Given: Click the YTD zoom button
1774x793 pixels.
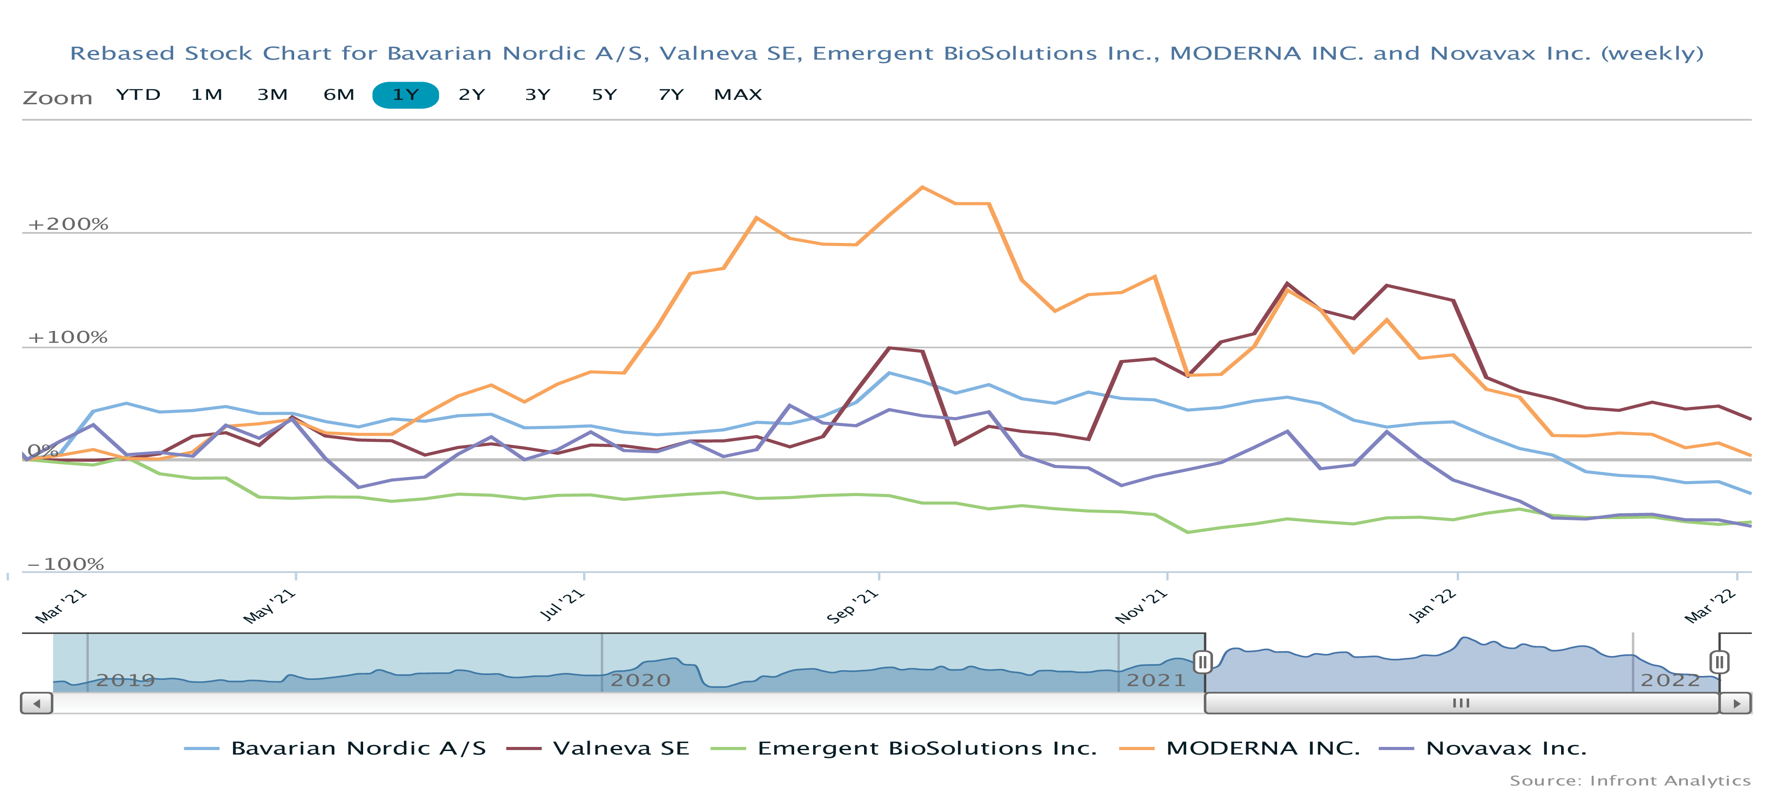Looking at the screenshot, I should coord(138,95).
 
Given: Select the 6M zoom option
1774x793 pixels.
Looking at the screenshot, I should coord(339,95).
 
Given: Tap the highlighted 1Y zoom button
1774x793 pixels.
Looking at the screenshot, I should coord(406,95).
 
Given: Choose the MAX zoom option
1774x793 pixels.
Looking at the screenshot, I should coord(738,95).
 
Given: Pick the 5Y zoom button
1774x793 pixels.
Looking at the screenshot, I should coord(604,95).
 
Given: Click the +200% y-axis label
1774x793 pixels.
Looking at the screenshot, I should coord(68,224).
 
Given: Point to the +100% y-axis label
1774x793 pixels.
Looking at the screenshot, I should coord(68,338).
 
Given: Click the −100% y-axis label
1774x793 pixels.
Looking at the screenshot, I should coord(65,564).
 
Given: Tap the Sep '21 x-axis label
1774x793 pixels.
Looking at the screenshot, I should coord(853,606).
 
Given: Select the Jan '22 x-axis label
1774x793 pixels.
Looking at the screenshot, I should coord(1433,606).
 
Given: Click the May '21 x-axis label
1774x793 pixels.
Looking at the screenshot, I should coord(269,606).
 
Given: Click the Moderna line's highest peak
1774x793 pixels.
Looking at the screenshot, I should coord(922,187).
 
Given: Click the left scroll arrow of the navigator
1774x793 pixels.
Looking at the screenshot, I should coord(37,703).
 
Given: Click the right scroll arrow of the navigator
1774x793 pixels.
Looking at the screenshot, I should coord(1736,703).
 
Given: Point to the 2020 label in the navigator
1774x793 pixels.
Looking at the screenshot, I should coord(640,681).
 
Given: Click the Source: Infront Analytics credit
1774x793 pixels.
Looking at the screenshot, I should coord(1630,781).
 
